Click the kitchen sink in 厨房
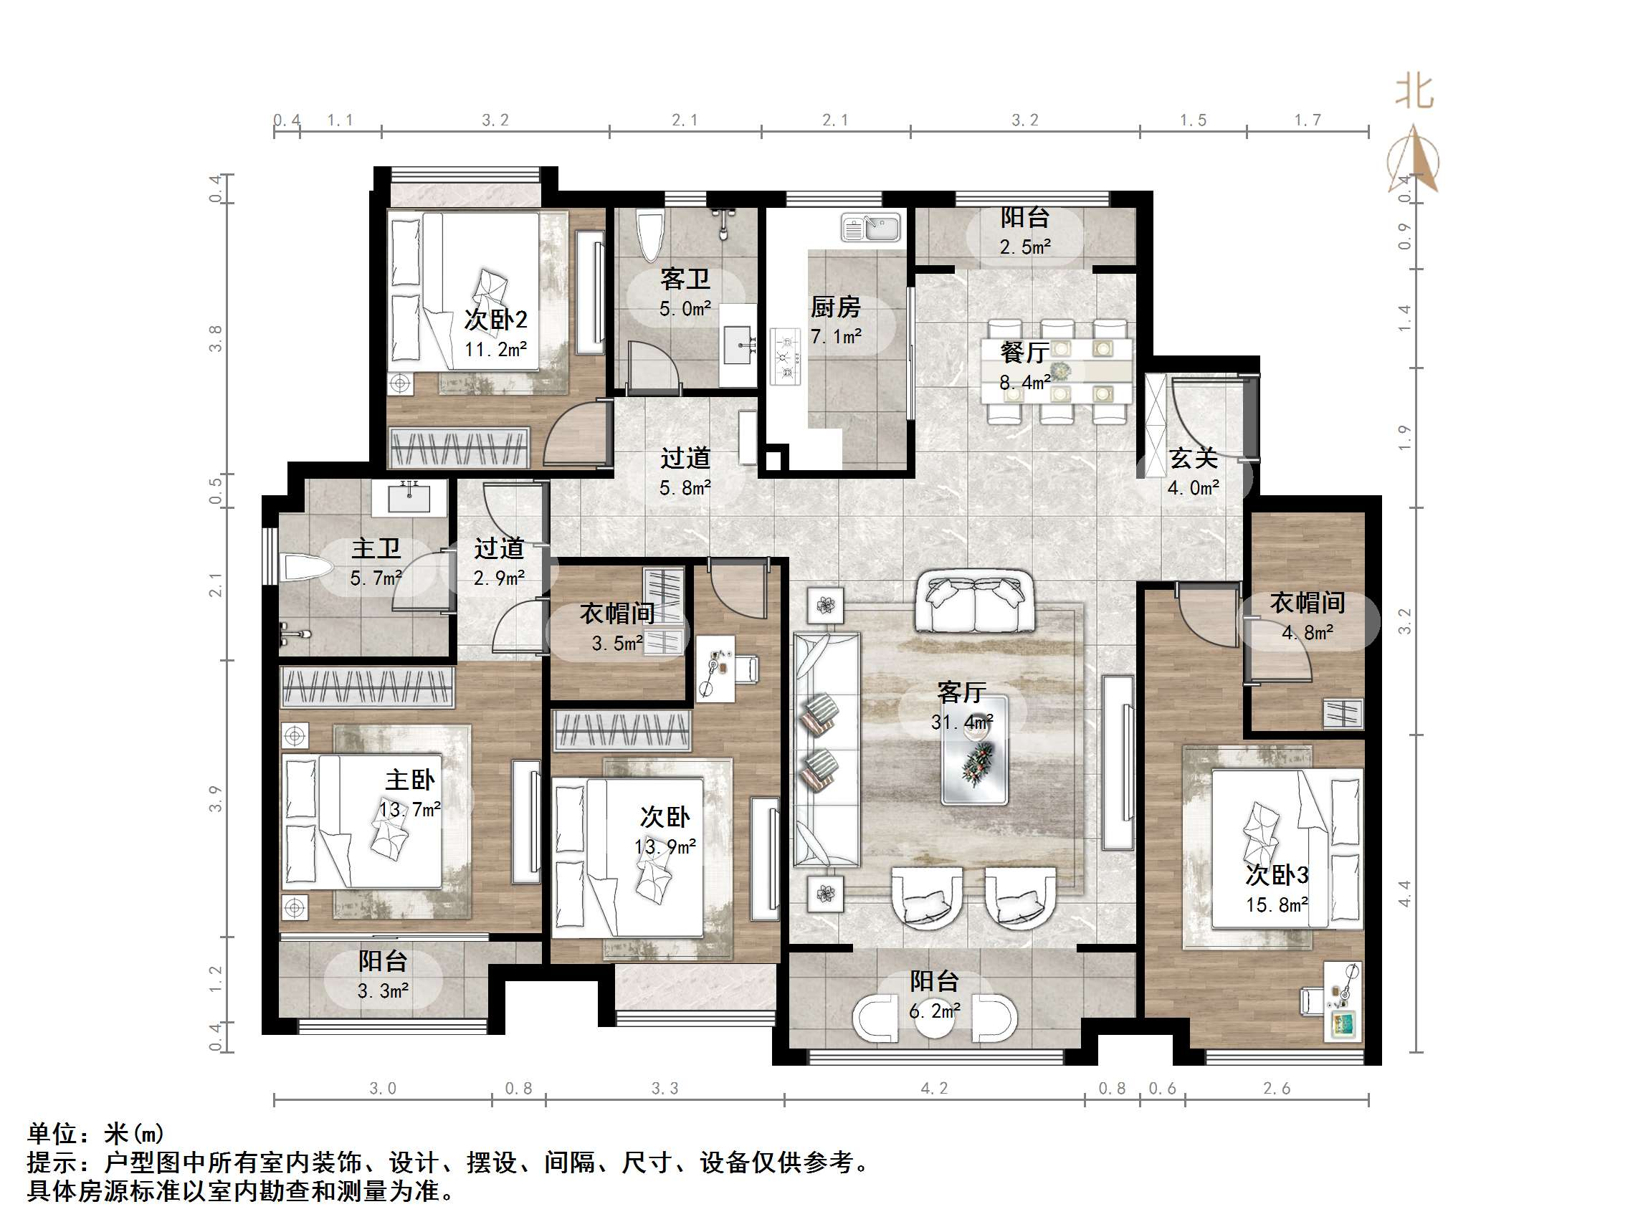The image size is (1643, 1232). [870, 227]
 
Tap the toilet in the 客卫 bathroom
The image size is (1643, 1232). [650, 237]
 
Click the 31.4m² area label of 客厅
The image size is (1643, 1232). [962, 722]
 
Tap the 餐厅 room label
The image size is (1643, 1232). [1024, 352]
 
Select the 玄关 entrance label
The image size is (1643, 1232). [1194, 458]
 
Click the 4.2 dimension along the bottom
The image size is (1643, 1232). [934, 1089]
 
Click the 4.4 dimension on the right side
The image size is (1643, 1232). [1404, 894]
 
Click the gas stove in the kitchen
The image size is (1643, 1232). [785, 357]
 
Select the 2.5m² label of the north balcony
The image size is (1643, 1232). [1025, 247]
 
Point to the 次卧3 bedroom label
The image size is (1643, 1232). [1277, 875]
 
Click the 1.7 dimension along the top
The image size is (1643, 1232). [1308, 120]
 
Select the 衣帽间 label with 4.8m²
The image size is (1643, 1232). [1308, 602]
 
